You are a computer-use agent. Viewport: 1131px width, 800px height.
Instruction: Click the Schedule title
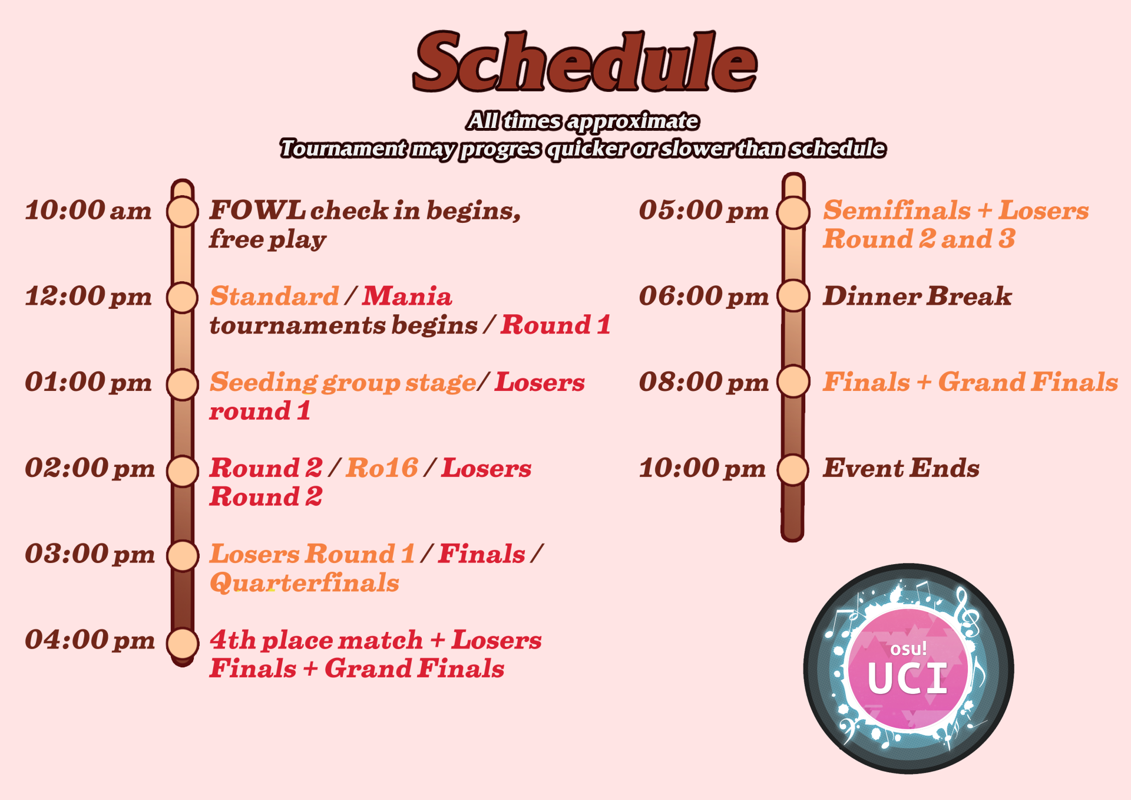click(x=585, y=62)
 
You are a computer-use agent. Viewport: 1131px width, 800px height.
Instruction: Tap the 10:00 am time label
click(x=88, y=210)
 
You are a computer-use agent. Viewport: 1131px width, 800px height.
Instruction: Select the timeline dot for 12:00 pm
click(x=182, y=297)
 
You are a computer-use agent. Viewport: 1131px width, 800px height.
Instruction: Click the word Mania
click(x=407, y=296)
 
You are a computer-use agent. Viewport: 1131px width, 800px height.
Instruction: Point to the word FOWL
click(x=257, y=210)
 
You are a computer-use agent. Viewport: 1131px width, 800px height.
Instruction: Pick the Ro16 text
click(x=382, y=468)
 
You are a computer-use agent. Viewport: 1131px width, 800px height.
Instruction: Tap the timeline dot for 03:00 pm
click(x=183, y=555)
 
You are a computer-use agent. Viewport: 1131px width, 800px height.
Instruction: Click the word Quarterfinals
click(x=305, y=583)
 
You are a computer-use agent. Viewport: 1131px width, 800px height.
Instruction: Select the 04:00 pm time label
click(x=90, y=640)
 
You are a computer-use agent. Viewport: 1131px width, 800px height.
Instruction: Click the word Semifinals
click(x=897, y=210)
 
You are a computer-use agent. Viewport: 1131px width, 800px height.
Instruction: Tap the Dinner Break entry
click(x=917, y=296)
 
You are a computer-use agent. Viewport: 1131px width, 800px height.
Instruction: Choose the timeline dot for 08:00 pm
click(x=793, y=381)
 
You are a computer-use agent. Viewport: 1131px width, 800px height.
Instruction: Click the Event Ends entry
click(x=901, y=468)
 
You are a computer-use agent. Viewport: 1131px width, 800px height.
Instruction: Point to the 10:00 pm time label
click(x=702, y=468)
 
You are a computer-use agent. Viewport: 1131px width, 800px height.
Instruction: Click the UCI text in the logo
click(x=908, y=679)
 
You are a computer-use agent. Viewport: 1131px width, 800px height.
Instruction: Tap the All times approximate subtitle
click(x=583, y=121)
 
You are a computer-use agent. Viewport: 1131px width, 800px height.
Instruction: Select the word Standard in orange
click(x=275, y=296)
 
